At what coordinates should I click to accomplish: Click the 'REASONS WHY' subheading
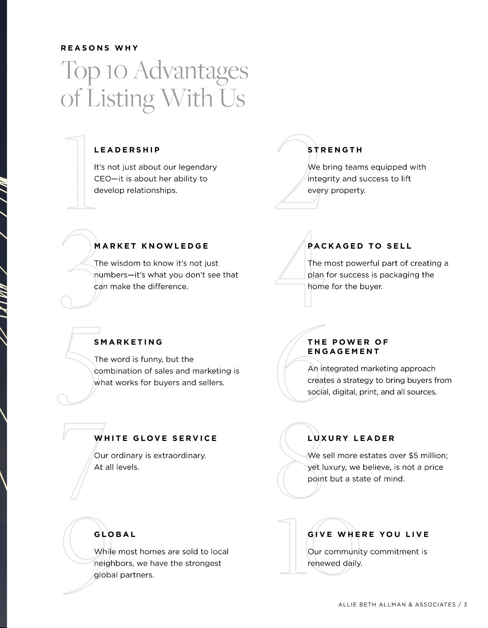pyautogui.click(x=100, y=48)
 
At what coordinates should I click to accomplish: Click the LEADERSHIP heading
pyautogui.click(x=127, y=150)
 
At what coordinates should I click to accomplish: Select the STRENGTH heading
pyautogui.click(x=335, y=150)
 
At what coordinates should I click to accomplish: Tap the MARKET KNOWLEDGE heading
pyautogui.click(x=152, y=246)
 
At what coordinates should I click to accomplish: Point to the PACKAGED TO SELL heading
pyautogui.click(x=360, y=246)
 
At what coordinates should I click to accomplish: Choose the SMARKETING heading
pyautogui.click(x=128, y=342)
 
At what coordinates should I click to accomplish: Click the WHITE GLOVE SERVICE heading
pyautogui.click(x=156, y=438)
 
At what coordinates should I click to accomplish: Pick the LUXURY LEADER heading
pyautogui.click(x=351, y=438)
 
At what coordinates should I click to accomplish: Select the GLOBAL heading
pyautogui.click(x=115, y=534)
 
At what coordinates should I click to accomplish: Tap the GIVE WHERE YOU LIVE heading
pyautogui.click(x=368, y=534)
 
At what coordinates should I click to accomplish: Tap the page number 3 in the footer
pyautogui.click(x=465, y=605)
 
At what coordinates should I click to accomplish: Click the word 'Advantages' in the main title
pyautogui.click(x=191, y=70)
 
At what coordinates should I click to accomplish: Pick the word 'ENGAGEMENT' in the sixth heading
pyautogui.click(x=344, y=351)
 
